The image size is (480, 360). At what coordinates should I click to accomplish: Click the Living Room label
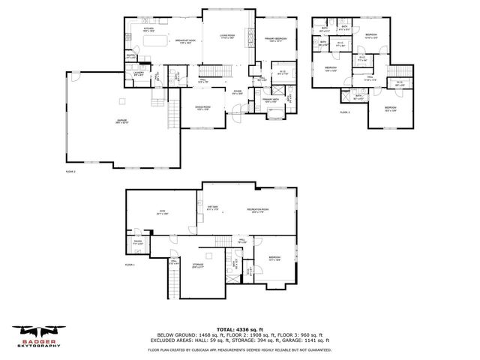point(227,36)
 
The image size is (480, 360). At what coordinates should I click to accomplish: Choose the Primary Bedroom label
point(274,39)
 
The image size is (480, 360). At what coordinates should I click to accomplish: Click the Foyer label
point(237,91)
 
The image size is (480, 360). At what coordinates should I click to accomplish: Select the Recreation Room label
point(258,210)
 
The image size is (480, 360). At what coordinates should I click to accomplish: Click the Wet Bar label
point(211,209)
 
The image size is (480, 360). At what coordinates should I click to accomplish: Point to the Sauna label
point(138,243)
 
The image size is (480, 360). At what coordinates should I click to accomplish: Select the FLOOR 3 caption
point(345,112)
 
